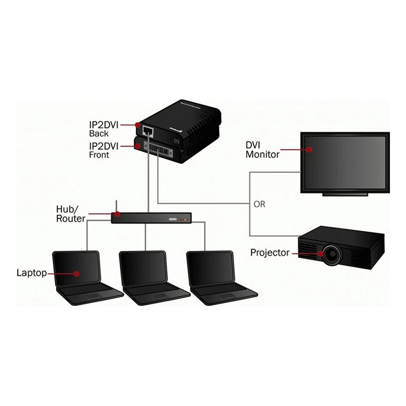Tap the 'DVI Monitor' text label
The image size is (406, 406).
tap(262, 149)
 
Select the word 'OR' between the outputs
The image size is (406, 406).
tap(260, 204)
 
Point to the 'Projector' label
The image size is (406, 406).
tap(270, 253)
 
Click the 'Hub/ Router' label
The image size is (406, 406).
tap(70, 213)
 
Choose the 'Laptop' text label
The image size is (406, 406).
tap(32, 272)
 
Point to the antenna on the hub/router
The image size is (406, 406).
tap(116, 207)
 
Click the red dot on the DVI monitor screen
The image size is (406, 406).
tap(310, 149)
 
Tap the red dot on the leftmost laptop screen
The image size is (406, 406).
tap(76, 273)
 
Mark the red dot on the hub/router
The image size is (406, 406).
tap(117, 214)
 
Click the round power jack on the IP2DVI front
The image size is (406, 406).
tap(177, 140)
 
